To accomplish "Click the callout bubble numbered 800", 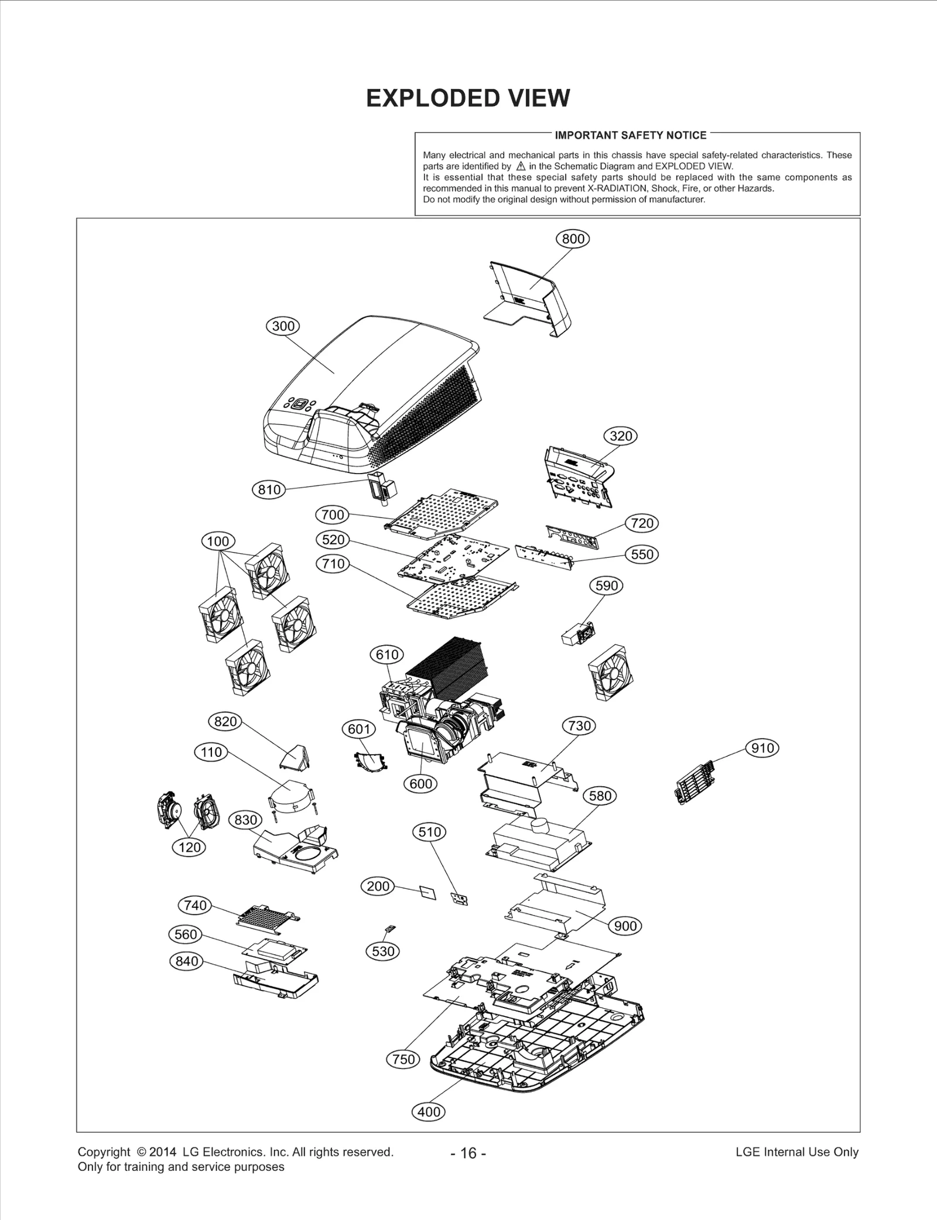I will (x=572, y=239).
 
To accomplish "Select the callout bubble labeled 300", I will (x=283, y=326).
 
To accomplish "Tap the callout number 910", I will (x=762, y=748).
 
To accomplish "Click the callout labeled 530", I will (x=383, y=951).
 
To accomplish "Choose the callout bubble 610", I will (x=387, y=654).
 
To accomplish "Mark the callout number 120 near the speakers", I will (x=189, y=847).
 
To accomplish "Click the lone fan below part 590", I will (x=611, y=673).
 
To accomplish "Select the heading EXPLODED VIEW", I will (x=467, y=98).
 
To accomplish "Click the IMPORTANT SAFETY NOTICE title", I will (x=630, y=135).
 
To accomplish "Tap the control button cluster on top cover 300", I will (x=300, y=405).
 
